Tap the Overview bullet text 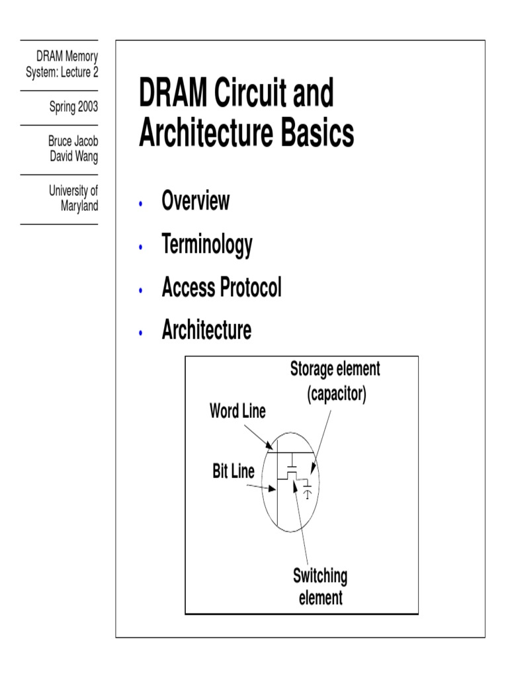[195, 201]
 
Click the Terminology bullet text [206, 245]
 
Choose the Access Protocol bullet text [221, 288]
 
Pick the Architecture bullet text [206, 330]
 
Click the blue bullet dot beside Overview [140, 204]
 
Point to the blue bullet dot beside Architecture [140, 333]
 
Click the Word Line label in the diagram [237, 411]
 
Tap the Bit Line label [233, 472]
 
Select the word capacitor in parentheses [336, 395]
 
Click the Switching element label [320, 586]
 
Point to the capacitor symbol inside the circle [307, 490]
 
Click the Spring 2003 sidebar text [73, 107]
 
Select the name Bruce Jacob [73, 142]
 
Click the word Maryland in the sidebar [79, 206]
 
